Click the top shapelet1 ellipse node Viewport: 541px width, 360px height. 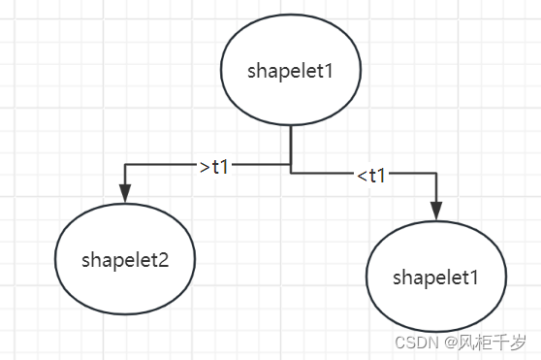[291, 72]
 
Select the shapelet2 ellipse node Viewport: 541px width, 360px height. [125, 259]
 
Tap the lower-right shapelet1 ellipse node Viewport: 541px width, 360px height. [436, 278]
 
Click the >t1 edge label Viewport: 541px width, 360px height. [214, 166]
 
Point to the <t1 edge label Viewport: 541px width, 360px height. [370, 176]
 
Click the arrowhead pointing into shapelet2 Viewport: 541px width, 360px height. [125, 193]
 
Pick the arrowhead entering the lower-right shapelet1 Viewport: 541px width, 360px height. [436, 212]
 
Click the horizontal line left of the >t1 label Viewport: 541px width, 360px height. [160, 165]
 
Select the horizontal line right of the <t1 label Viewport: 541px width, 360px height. [412, 175]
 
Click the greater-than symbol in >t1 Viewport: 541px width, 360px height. [204, 167]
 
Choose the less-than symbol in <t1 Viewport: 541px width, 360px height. [360, 177]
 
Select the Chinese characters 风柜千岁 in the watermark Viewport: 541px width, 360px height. [493, 343]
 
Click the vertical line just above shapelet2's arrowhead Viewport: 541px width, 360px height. [125, 176]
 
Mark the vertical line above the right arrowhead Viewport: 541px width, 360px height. [436, 189]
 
